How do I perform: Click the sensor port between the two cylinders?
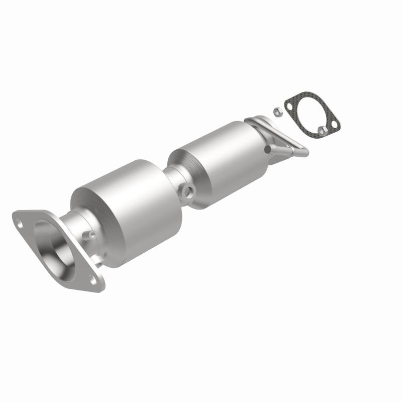(189, 190)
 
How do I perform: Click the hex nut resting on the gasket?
(323, 130)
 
